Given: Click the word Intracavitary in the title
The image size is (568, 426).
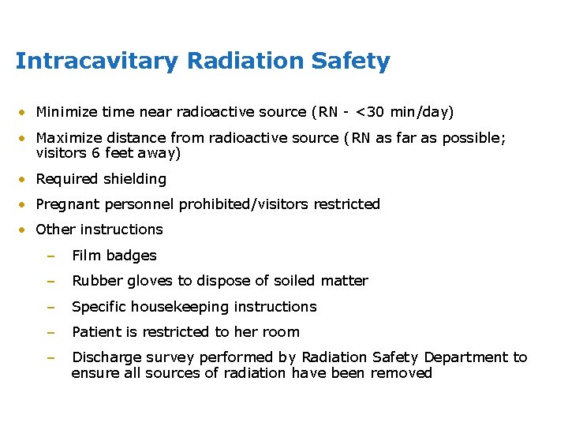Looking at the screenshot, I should (x=96, y=62).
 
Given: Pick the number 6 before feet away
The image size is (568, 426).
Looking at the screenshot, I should (x=91, y=153).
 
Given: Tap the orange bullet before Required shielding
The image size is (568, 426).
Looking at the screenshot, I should (x=25, y=180).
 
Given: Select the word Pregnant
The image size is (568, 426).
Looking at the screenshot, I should (x=66, y=204).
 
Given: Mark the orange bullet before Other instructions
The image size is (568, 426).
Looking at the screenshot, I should (x=25, y=230).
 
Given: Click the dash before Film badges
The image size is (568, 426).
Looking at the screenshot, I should (x=50, y=256).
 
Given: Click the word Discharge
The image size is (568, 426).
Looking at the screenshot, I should (x=104, y=357).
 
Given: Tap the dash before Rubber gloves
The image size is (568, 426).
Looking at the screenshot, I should (x=50, y=282).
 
